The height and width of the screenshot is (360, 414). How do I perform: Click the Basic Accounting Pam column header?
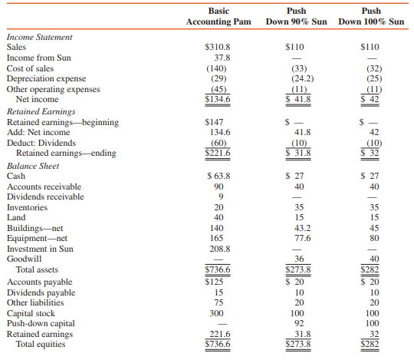pyautogui.click(x=219, y=16)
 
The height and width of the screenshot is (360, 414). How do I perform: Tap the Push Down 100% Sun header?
pyautogui.click(x=373, y=16)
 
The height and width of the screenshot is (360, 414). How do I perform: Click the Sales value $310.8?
pyautogui.click(x=219, y=47)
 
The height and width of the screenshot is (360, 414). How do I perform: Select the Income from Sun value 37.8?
pyautogui.click(x=222, y=58)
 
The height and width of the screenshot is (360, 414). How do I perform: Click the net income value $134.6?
pyautogui.click(x=219, y=99)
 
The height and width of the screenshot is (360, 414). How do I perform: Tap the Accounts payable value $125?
pyautogui.click(x=219, y=281)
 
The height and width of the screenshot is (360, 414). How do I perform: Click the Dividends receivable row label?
pyautogui.click(x=45, y=197)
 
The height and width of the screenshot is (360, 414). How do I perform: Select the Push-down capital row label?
pyautogui.click(x=41, y=323)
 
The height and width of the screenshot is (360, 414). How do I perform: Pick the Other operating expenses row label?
pyautogui.click(x=50, y=89)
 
